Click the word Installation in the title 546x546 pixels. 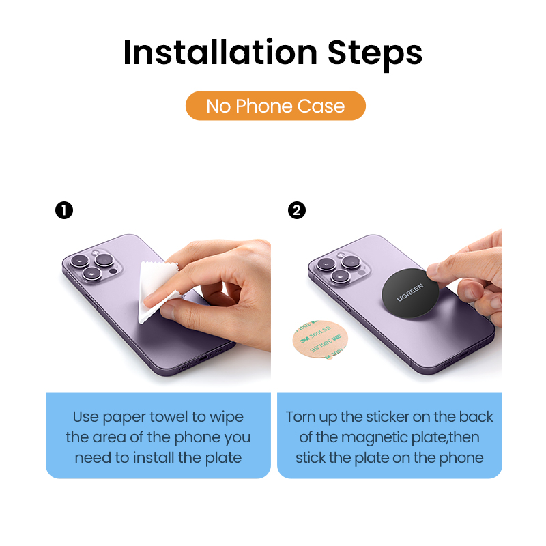click(x=220, y=53)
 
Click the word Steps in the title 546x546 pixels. click(x=375, y=55)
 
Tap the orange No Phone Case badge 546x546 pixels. click(x=276, y=106)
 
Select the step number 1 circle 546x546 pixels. click(x=64, y=210)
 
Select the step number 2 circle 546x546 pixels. click(x=297, y=210)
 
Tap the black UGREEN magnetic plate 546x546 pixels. click(x=410, y=293)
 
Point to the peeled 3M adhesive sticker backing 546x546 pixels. click(x=320, y=339)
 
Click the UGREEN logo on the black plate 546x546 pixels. click(x=410, y=293)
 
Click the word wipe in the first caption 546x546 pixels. click(x=227, y=418)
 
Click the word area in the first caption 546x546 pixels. click(x=109, y=437)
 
